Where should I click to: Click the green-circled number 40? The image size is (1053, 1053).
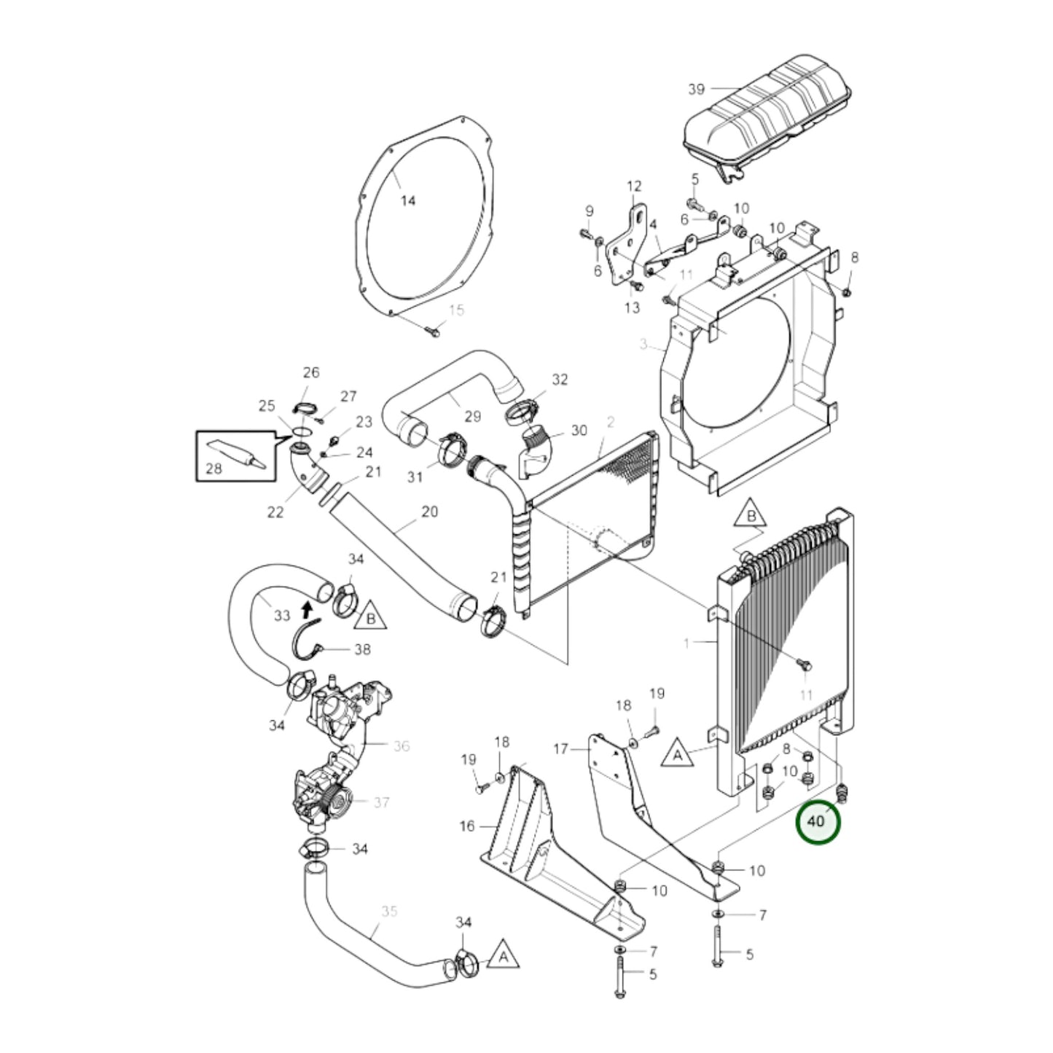coord(817,821)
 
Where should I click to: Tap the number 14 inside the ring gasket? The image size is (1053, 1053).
coord(408,200)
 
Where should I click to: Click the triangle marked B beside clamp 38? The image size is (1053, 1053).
coord(371,616)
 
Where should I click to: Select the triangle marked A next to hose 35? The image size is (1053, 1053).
coord(503,956)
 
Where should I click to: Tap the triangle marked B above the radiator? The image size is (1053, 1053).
coord(752,517)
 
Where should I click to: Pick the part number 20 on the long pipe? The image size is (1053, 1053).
coord(430,512)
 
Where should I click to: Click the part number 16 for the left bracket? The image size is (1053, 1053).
coord(467,826)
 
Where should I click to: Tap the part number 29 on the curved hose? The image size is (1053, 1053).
coord(473,416)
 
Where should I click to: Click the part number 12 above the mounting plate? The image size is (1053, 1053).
coord(633,187)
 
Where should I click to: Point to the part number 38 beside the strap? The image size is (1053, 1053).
coord(362,649)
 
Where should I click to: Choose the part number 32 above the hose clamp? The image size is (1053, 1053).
coord(560,379)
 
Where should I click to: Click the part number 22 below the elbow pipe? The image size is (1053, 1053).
coord(275,512)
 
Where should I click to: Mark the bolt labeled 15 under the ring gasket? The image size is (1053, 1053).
coord(431,332)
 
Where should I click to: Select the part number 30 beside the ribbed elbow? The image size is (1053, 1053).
coord(579,430)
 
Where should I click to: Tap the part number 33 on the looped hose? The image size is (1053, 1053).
coord(282,616)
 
